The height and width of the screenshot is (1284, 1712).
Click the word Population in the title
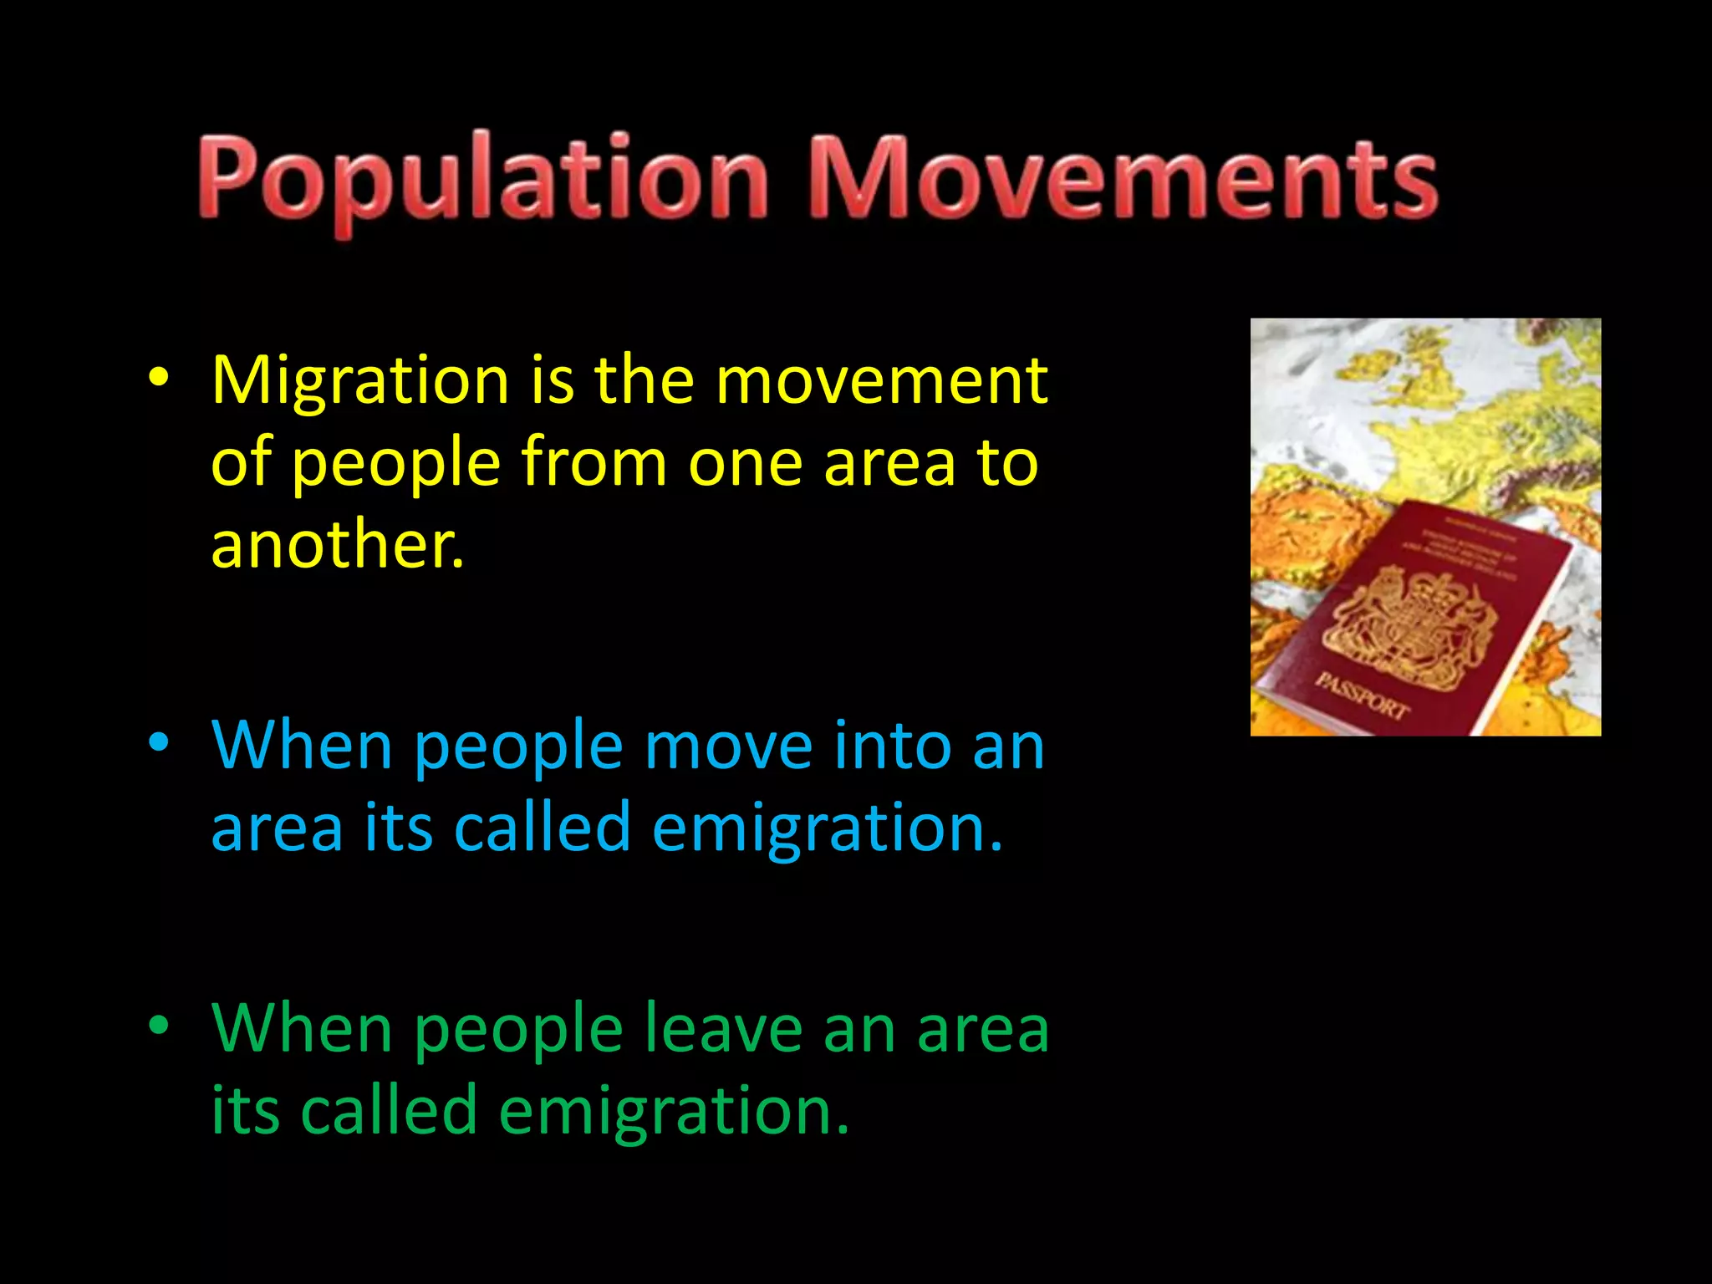point(482,180)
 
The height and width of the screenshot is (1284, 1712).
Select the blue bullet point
point(159,743)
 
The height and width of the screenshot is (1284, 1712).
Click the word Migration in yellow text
point(360,381)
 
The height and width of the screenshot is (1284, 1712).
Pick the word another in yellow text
point(337,544)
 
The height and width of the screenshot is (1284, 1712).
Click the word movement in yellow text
point(882,381)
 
